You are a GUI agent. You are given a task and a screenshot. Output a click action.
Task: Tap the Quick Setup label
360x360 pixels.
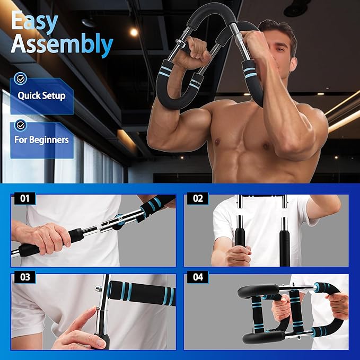pyautogui.click(x=41, y=96)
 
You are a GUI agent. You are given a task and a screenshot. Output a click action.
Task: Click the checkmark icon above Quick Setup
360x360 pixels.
pyautogui.click(x=21, y=78)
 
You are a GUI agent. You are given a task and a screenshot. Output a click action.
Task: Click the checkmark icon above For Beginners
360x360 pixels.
pyautogui.click(x=21, y=125)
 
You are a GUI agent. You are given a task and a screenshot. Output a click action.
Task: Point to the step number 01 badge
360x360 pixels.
pyautogui.click(x=24, y=199)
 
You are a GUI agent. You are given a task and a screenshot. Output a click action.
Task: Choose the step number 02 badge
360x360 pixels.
pyautogui.click(x=198, y=199)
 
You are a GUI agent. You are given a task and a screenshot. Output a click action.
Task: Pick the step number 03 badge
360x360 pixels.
pyautogui.click(x=24, y=277)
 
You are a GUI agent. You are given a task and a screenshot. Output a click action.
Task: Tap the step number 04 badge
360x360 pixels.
pyautogui.click(x=198, y=277)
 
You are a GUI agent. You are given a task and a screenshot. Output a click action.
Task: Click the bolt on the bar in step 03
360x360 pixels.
pyautogui.click(x=99, y=289)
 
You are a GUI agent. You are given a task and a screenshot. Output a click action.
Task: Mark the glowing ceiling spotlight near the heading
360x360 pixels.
pyautogui.click(x=134, y=32)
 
